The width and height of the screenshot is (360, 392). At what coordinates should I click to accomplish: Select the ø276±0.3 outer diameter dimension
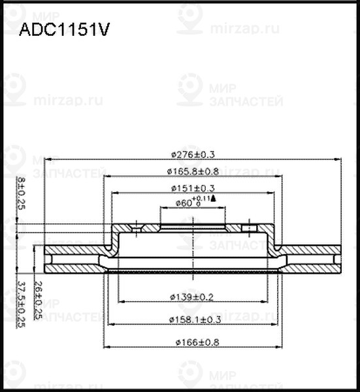(193, 154)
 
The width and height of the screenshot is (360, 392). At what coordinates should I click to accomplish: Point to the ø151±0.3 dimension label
(193, 188)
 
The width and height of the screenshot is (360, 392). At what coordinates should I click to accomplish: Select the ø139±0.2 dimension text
(193, 297)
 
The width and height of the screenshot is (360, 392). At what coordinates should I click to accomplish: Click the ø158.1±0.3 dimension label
(193, 319)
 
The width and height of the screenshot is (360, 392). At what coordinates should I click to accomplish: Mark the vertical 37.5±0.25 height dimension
(21, 304)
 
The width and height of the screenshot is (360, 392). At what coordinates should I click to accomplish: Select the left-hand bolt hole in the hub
(137, 228)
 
